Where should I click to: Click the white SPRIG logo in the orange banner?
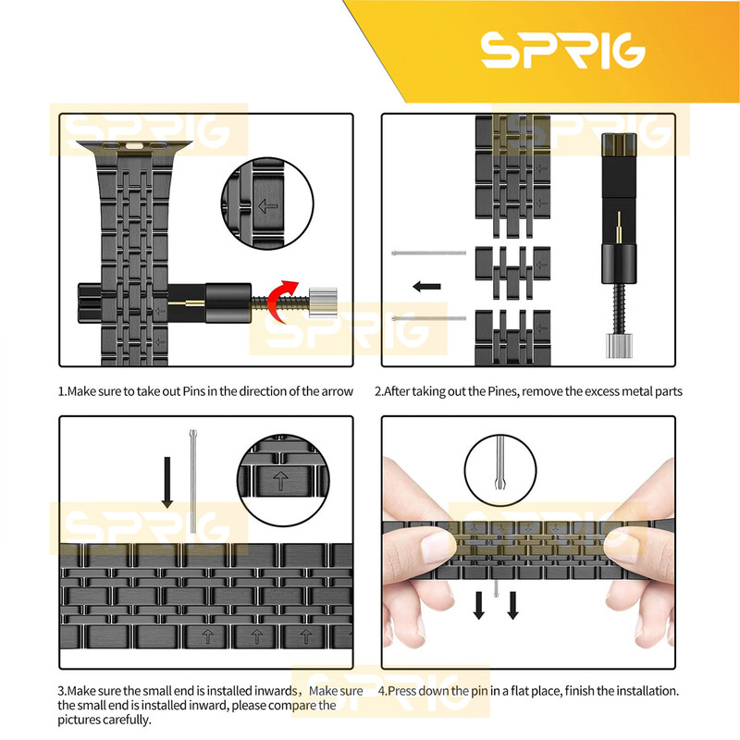tap(562, 51)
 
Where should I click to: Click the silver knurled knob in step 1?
tap(323, 302)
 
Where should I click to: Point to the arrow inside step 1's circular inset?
tap(267, 205)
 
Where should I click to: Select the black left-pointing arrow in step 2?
tap(426, 286)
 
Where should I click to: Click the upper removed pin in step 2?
tap(428, 253)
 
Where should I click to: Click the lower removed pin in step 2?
tap(428, 318)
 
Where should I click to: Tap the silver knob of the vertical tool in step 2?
tap(619, 345)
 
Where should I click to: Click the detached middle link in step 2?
tap(512, 272)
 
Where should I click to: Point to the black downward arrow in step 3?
tap(167, 482)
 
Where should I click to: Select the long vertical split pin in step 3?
tap(192, 481)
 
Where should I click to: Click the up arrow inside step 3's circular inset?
tap(281, 481)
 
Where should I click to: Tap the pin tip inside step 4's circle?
tap(500, 483)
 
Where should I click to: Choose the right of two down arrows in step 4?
tap(513, 605)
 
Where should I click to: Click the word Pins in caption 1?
tap(193, 391)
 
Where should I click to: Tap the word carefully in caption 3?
tap(127, 720)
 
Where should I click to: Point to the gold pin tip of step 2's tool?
tap(619, 227)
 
